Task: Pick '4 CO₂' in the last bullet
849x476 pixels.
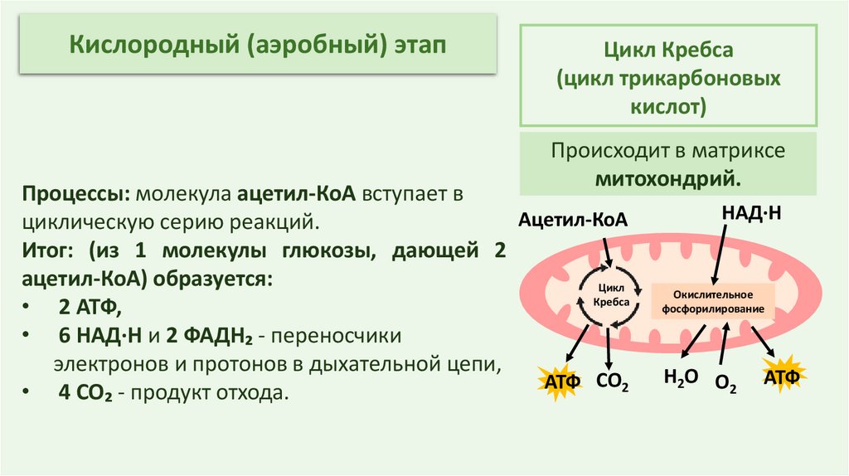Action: tap(85, 391)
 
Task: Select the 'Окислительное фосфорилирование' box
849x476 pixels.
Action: tap(712, 302)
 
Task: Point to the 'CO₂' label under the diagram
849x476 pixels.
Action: tap(613, 382)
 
